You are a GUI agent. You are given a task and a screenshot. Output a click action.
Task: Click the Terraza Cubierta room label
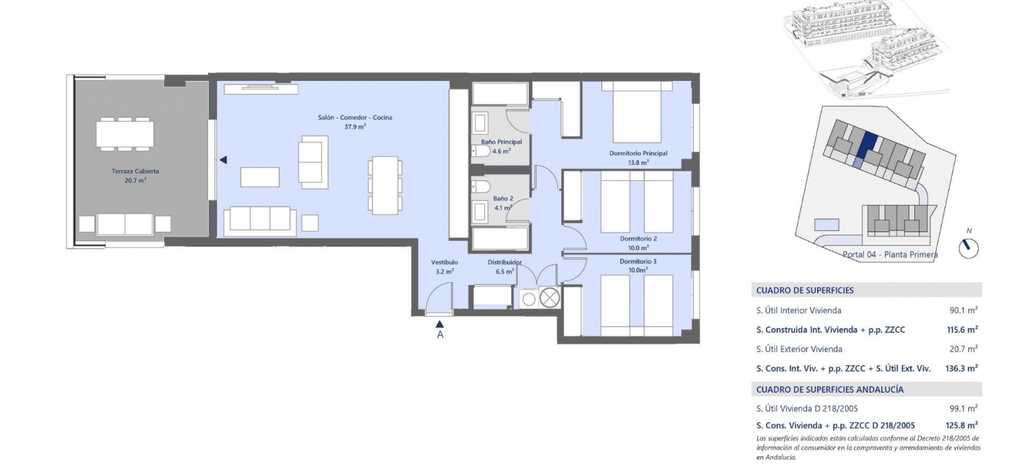(135, 171)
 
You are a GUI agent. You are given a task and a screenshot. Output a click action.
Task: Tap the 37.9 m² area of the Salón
(355, 127)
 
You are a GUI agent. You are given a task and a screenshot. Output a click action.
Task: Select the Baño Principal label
(501, 142)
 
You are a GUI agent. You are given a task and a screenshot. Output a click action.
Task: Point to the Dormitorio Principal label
(638, 153)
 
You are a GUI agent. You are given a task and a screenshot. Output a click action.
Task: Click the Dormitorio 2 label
(638, 238)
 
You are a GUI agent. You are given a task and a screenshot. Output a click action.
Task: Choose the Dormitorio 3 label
(638, 261)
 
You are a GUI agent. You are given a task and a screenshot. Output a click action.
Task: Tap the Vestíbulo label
(444, 262)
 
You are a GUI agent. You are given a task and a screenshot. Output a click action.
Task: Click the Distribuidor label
(504, 262)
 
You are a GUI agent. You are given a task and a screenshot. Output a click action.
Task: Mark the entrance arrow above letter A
(440, 324)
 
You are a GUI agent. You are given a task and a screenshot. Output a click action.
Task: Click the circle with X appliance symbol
(549, 297)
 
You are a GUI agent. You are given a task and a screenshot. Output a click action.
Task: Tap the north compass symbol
(968, 248)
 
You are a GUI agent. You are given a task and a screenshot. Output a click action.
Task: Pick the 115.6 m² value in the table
(962, 329)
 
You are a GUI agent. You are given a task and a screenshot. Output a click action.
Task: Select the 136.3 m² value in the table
(961, 368)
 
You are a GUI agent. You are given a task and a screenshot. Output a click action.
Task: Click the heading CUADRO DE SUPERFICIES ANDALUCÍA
(830, 389)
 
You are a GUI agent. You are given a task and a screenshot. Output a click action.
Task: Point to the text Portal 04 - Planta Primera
(890, 255)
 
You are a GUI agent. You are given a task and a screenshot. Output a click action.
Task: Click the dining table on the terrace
(125, 134)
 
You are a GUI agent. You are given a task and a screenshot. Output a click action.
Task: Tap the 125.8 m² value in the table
(962, 425)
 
